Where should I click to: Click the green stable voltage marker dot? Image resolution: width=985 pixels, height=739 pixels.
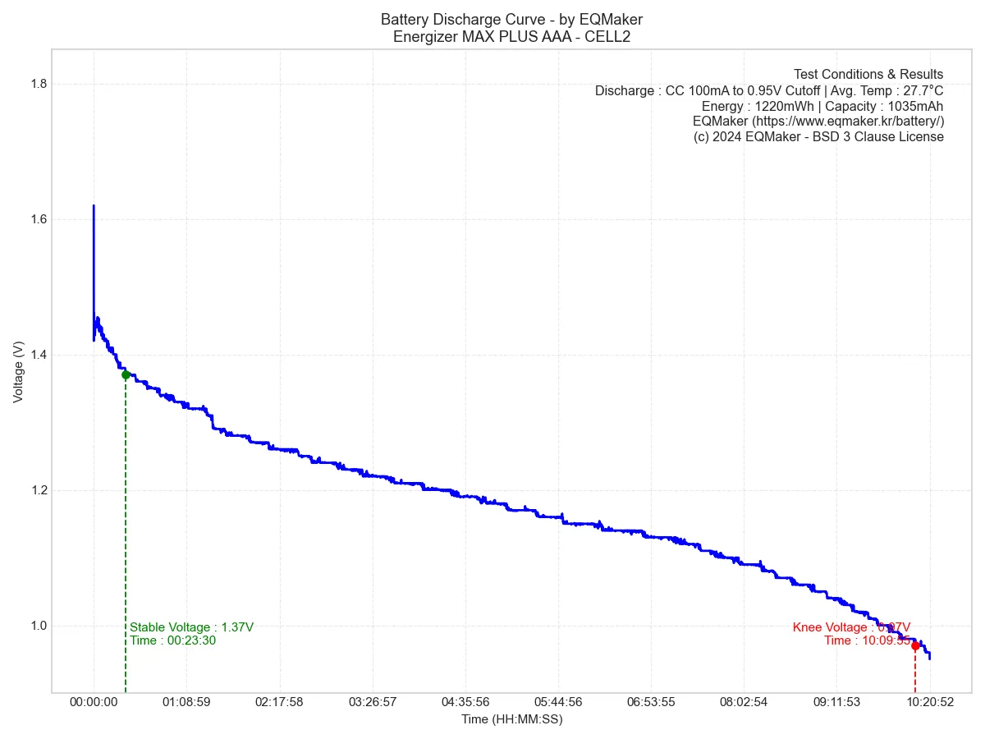coord(126,374)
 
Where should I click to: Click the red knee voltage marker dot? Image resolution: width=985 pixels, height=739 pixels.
coord(915,645)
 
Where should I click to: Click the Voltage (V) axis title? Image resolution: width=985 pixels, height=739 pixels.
coord(18,371)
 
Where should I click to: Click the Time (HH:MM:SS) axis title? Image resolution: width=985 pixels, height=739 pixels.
coord(511,719)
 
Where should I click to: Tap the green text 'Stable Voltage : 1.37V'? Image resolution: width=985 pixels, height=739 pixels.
coord(191,627)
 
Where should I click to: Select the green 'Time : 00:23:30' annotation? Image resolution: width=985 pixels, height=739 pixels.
coord(172,640)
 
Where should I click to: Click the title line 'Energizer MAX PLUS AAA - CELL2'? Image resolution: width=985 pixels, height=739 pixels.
coord(511,36)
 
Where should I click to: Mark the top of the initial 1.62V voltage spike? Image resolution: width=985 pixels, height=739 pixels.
coord(94,206)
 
